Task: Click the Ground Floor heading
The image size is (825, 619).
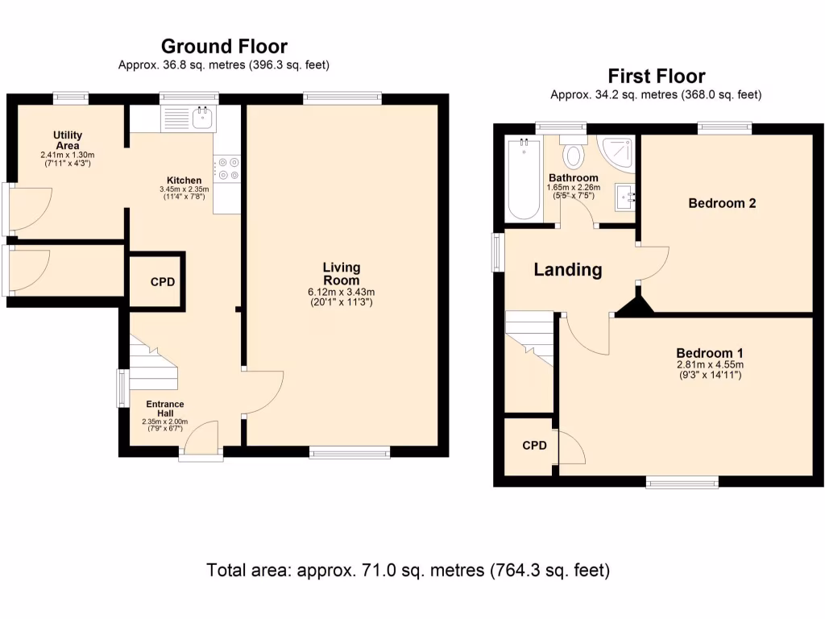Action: [x=224, y=46]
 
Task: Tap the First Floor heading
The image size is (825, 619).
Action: [x=656, y=77]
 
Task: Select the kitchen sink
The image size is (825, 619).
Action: [x=189, y=118]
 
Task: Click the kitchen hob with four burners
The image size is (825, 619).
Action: [x=226, y=168]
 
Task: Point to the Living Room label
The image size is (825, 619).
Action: [x=342, y=274]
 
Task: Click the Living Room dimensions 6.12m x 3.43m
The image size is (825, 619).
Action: [x=342, y=292]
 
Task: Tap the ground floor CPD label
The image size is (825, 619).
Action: [x=163, y=282]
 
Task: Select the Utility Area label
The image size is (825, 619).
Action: [x=68, y=140]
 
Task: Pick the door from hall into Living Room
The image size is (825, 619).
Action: [x=263, y=393]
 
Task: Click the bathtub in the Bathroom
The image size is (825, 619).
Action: [x=524, y=179]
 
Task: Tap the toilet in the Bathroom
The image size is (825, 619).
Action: [x=573, y=152]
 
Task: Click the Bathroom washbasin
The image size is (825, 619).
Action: [x=624, y=197]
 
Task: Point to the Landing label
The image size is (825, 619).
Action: [x=568, y=269]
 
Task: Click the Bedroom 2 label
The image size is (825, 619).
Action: [x=722, y=203]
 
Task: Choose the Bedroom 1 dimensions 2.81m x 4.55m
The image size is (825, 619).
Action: [x=710, y=365]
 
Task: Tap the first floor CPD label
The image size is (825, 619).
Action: [x=535, y=446]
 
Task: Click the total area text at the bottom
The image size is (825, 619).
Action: [x=408, y=571]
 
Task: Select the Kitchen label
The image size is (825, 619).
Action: [x=184, y=181]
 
